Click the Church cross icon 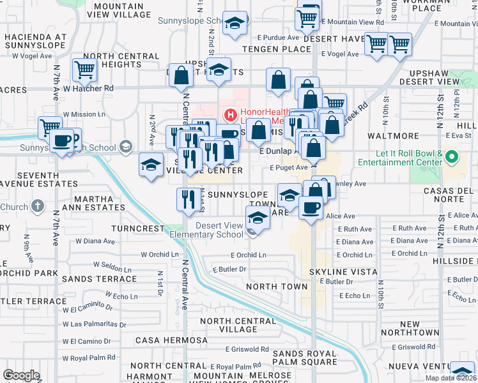pos(38,207)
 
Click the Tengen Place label pos(267,49)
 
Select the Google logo pos(21,376)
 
